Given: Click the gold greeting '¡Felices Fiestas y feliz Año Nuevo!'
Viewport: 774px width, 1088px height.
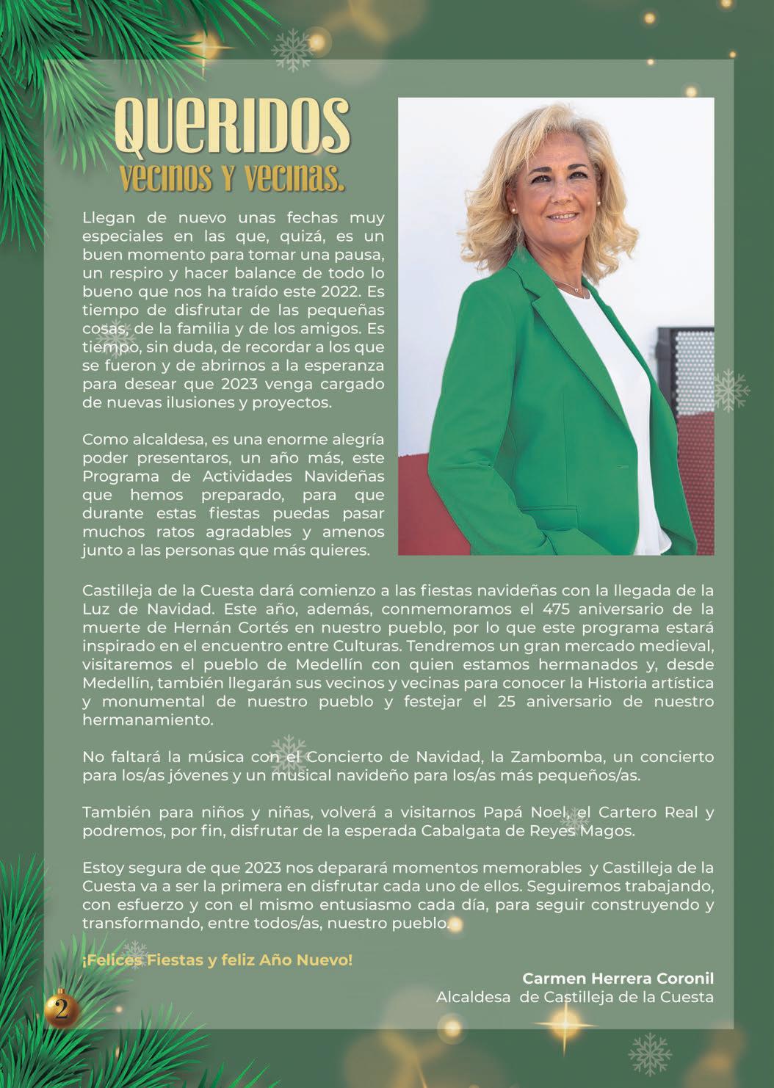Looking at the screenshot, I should [217, 960].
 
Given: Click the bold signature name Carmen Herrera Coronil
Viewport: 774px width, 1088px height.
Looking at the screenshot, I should [618, 979].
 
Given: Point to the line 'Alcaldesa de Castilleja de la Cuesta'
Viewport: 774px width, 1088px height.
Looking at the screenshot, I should [574, 997].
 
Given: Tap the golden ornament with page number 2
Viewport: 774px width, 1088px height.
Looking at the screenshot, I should [62, 1009].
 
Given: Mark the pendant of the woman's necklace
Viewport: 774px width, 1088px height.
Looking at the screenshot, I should [576, 291].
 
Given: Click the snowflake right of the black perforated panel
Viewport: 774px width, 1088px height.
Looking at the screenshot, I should [731, 390].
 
